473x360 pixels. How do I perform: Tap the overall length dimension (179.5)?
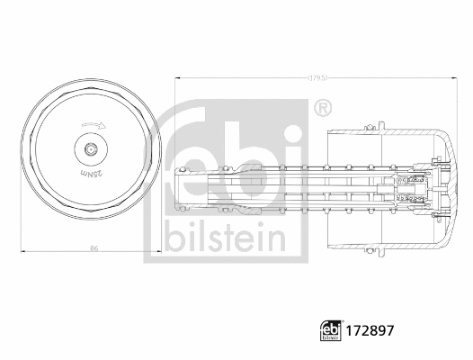(x=316, y=79)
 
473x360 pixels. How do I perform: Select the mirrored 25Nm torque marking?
(x=90, y=171)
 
